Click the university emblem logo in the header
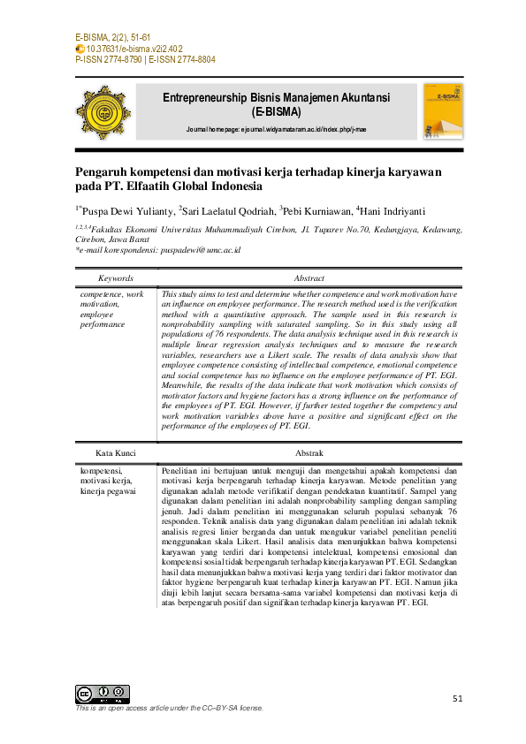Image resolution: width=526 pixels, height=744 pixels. pyautogui.click(x=106, y=114)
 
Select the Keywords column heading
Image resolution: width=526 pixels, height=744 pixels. pyautogui.click(x=116, y=277)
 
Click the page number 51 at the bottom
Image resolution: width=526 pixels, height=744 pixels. pyautogui.click(x=457, y=699)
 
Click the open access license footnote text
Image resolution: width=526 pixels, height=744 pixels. pyautogui.click(x=169, y=708)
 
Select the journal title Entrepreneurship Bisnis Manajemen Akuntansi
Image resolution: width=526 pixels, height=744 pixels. pyautogui.click(x=277, y=97)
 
